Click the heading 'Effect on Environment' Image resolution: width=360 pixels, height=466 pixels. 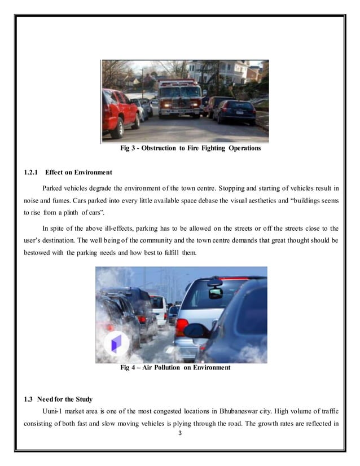coord(80,172)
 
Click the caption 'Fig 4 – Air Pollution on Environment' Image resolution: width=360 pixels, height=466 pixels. coord(175,368)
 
